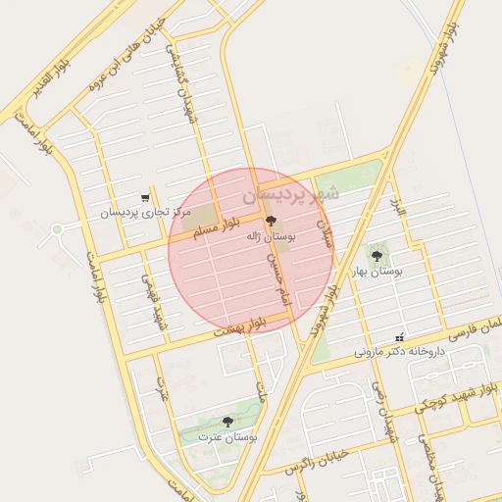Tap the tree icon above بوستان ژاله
[x=272, y=221]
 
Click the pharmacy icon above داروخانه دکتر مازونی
[x=398, y=335]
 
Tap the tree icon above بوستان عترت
[x=227, y=422]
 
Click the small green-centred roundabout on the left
[x=57, y=229]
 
